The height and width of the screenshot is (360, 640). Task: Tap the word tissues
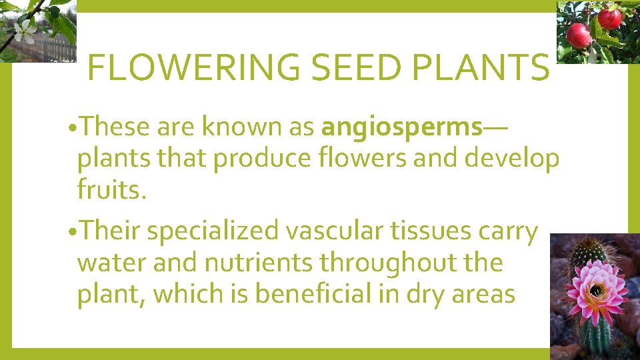423,231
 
